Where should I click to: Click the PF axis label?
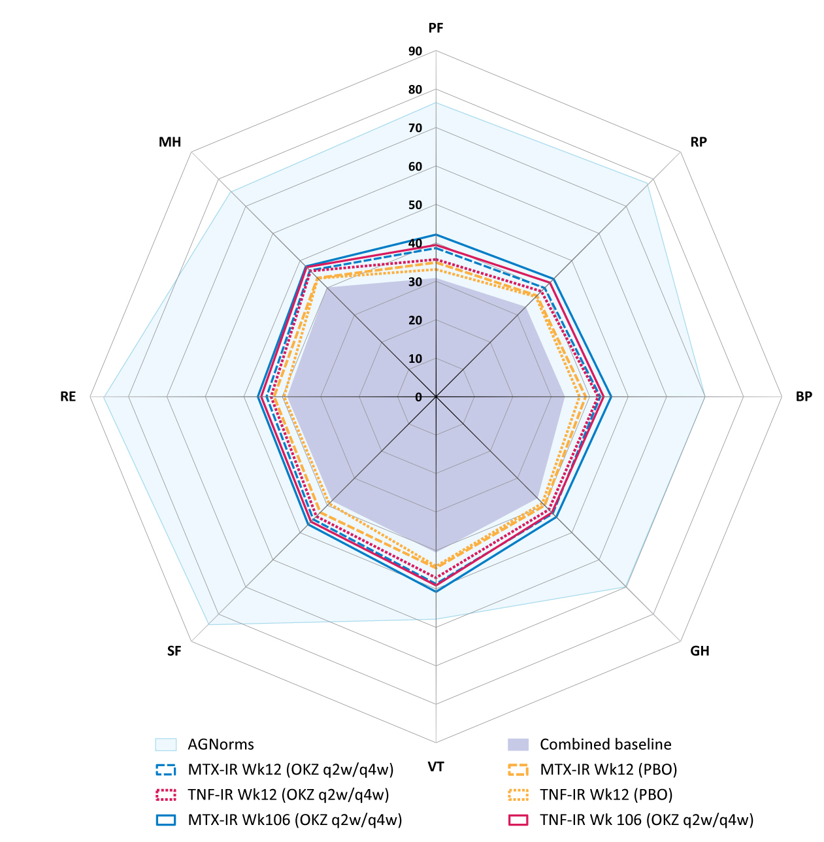click(x=436, y=28)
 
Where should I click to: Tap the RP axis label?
click(x=699, y=142)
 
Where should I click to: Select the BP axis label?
click(x=804, y=397)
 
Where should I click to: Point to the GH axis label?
click(x=700, y=650)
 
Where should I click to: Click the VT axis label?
click(x=436, y=767)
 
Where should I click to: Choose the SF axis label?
click(x=174, y=651)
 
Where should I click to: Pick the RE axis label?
click(x=68, y=397)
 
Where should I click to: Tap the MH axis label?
click(x=170, y=142)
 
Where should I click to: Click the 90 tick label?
click(x=415, y=52)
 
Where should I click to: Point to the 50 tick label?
click(x=415, y=205)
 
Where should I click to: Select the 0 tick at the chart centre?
click(x=419, y=397)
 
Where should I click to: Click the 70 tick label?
click(x=415, y=128)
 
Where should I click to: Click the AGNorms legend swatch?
click(x=166, y=745)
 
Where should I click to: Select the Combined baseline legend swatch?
click(x=518, y=745)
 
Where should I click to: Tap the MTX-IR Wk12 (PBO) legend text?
click(x=608, y=769)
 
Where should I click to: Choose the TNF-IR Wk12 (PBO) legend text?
click(x=606, y=794)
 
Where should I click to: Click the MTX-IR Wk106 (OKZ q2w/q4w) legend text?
click(x=295, y=819)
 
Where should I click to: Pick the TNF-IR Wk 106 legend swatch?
click(x=518, y=819)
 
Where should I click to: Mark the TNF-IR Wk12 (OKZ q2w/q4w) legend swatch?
click(x=166, y=794)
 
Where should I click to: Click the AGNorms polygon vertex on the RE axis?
click(x=104, y=397)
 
